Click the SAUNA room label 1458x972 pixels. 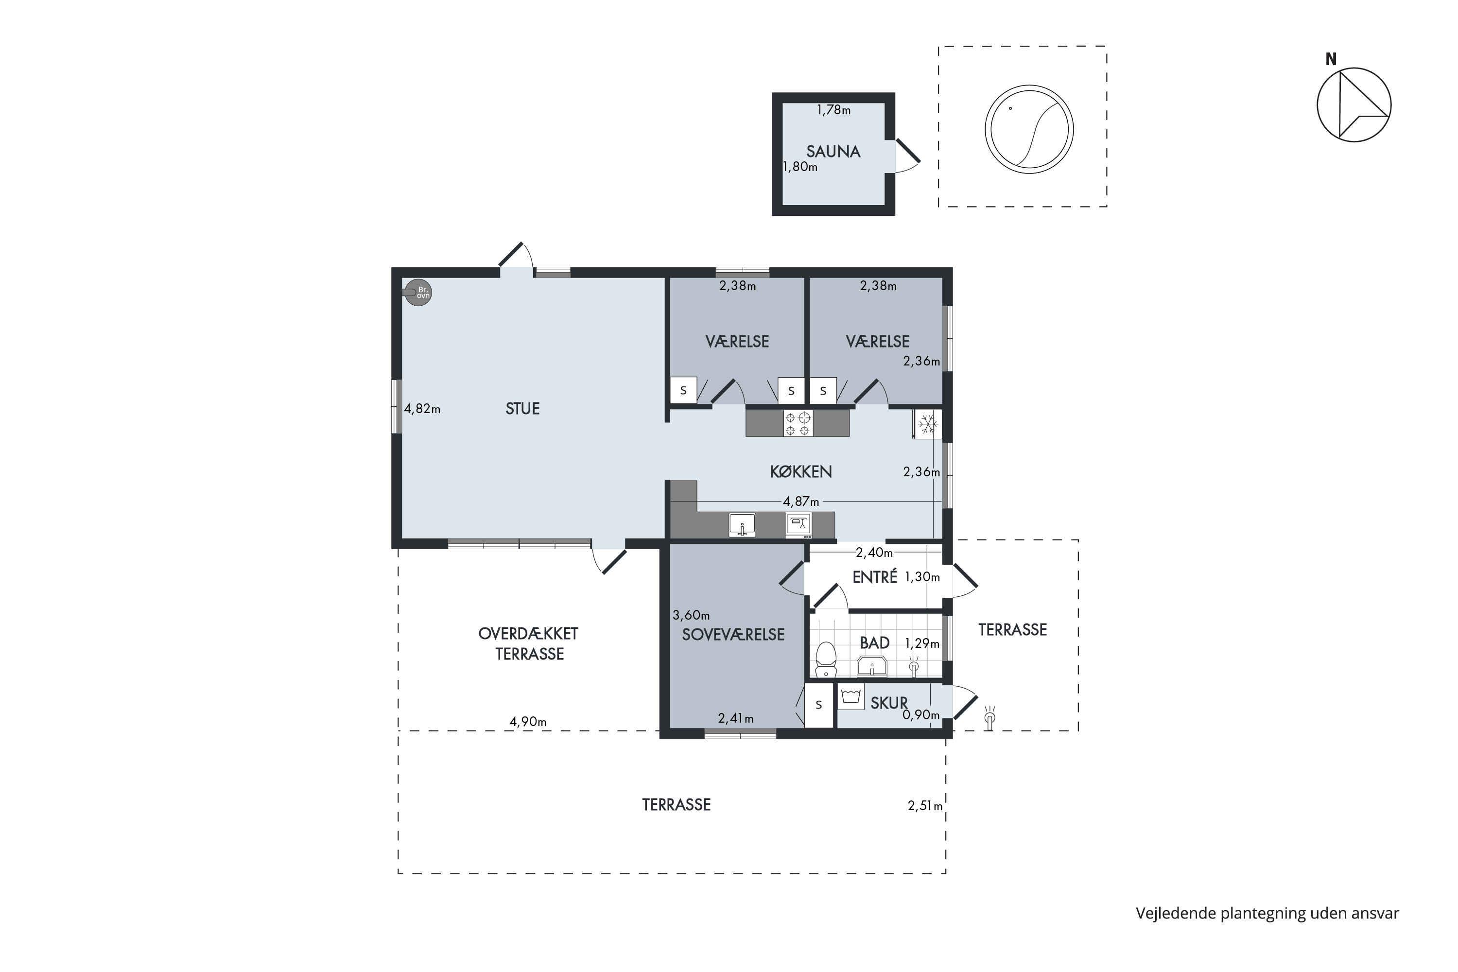click(x=833, y=151)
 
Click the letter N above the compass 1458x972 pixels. click(x=1331, y=59)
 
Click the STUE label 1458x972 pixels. click(x=522, y=409)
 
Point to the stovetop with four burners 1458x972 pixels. click(x=798, y=423)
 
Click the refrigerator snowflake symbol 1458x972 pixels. click(x=927, y=425)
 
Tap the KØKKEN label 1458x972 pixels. click(x=801, y=472)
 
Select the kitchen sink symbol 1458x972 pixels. click(x=742, y=524)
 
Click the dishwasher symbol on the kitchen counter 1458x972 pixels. click(x=798, y=524)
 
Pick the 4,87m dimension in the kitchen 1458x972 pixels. click(x=801, y=501)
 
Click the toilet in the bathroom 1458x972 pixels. click(x=825, y=660)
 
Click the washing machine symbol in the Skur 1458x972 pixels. click(x=851, y=696)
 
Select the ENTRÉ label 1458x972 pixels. click(x=875, y=577)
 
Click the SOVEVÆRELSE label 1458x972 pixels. click(x=733, y=634)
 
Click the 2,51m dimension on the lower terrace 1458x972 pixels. click(x=925, y=805)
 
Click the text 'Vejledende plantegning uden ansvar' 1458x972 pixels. click(x=1267, y=913)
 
